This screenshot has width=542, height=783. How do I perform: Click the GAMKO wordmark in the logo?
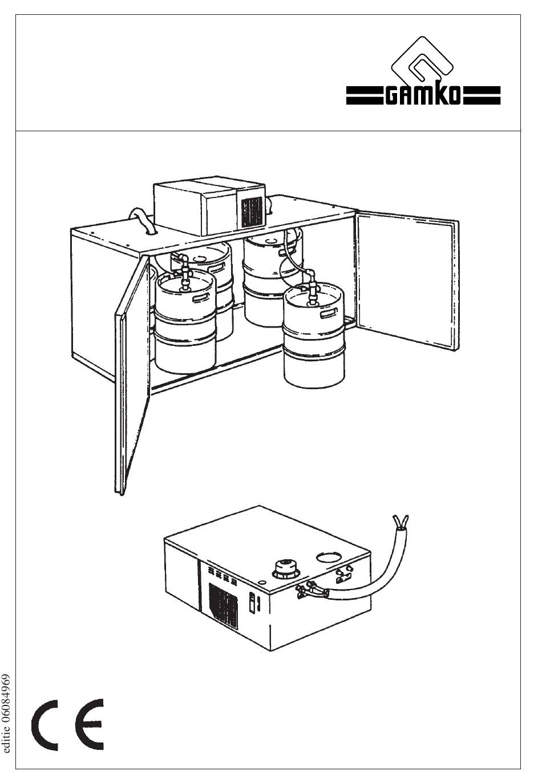tap(423, 95)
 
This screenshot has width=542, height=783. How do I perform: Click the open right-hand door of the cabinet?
tap(407, 280)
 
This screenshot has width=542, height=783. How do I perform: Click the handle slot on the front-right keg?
tap(329, 313)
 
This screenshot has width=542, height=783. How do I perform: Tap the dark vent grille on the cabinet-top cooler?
tap(252, 212)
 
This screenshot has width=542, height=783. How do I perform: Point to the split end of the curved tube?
tap(401, 522)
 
